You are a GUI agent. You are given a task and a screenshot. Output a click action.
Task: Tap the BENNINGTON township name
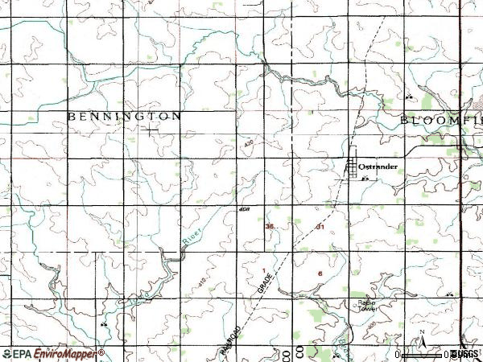tap(124, 117)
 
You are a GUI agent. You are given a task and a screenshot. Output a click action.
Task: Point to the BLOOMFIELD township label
tap(441, 120)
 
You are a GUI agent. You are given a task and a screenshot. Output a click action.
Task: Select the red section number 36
tap(270, 227)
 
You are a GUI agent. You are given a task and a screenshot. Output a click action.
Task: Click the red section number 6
tap(320, 274)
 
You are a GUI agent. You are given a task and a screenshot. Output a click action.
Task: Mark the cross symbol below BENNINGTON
tap(152, 130)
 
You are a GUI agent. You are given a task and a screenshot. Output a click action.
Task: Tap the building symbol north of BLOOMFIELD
tap(410, 97)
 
